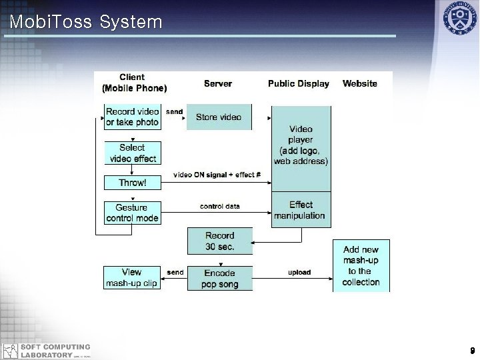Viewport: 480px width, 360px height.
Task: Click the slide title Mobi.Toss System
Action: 86,22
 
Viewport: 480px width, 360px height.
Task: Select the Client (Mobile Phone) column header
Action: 134,83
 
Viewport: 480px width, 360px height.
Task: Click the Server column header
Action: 218,83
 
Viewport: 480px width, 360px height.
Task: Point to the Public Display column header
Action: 299,83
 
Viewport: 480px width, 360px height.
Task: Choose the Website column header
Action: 360,83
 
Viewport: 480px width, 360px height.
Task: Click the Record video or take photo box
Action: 132,117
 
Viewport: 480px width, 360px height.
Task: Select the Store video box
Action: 219,117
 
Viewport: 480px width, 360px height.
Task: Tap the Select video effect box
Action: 132,153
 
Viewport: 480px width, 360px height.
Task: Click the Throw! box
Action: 132,182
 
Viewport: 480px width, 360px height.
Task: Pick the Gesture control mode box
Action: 132,213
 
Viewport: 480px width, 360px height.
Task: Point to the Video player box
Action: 301,145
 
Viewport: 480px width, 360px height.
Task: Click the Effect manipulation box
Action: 301,210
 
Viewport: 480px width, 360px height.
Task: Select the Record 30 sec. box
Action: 220,241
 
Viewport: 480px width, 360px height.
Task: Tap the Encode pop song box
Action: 220,279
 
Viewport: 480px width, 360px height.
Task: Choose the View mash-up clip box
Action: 132,277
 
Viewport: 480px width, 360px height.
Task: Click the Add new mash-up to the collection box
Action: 361,265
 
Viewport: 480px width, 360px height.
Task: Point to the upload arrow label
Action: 299,272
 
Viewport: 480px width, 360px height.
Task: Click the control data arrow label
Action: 220,207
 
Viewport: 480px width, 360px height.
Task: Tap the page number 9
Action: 471,351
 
